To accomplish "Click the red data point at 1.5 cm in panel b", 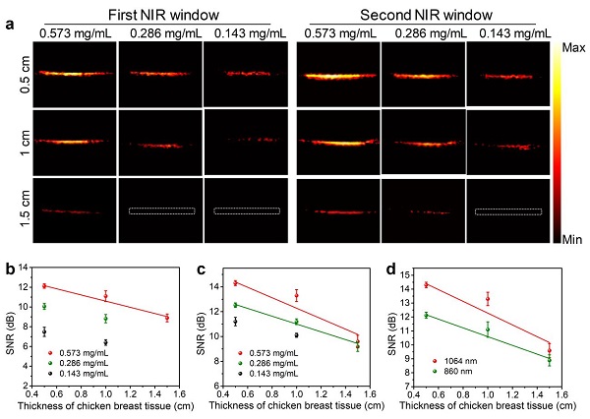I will pyautogui.click(x=168, y=318).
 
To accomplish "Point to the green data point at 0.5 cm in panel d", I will pyautogui.click(x=426, y=316).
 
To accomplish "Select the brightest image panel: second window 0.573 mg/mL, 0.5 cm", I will pyautogui.click(x=336, y=73).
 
